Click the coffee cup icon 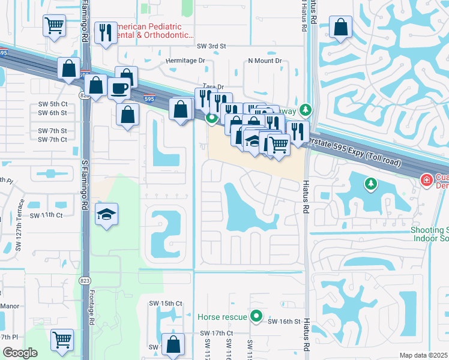tap(119, 88)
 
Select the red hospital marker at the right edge tap(426, 180)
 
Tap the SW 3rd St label tap(211, 46)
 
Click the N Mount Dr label tap(265, 61)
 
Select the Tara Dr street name tap(213, 87)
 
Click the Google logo tap(20, 353)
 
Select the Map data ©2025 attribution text tap(423, 355)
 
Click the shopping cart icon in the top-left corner tap(54, 25)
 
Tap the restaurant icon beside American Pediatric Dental tap(106, 33)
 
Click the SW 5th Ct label tap(52, 104)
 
